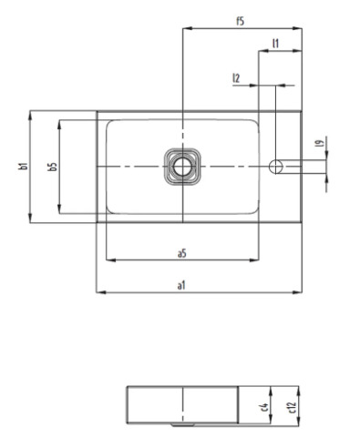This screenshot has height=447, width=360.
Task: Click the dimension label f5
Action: point(239,20)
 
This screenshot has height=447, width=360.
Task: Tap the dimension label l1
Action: point(275,43)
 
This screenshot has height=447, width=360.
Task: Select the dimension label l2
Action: point(237,79)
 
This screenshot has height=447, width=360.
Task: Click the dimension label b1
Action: point(21,167)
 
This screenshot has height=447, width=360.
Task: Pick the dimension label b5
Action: point(52,167)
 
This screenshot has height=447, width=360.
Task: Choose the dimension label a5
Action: point(182,253)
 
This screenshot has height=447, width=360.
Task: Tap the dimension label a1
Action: point(182,286)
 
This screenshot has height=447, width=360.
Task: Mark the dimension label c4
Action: point(262,405)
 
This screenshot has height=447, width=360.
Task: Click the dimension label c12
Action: point(291,405)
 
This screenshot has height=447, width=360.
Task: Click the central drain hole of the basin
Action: point(182,167)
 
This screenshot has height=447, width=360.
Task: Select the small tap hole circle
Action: point(279,166)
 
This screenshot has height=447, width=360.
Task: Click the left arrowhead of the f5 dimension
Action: point(186,27)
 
